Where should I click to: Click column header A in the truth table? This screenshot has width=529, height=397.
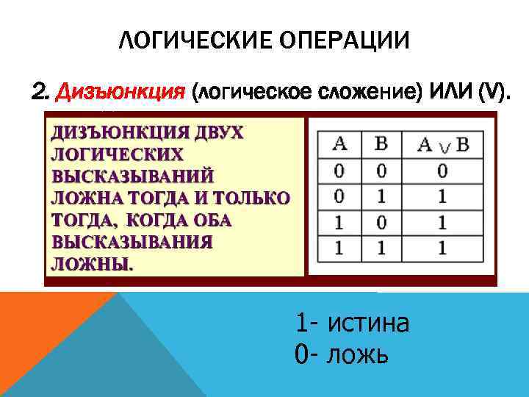point(339,142)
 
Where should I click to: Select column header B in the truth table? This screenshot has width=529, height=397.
point(381,142)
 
